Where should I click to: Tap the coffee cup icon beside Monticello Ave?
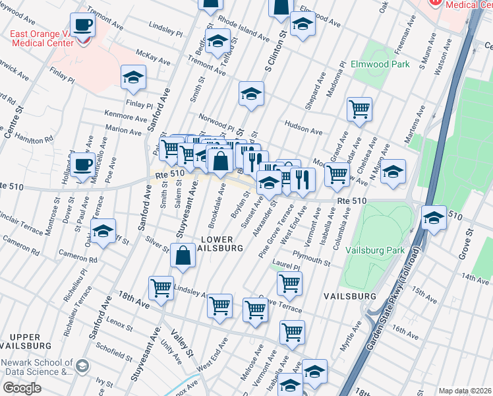click(82, 166)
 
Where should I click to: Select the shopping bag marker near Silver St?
click(182, 256)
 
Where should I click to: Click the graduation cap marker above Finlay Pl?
click(134, 78)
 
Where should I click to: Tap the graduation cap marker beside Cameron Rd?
click(103, 232)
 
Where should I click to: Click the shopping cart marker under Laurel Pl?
click(289, 284)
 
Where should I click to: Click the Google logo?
click(22, 387)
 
